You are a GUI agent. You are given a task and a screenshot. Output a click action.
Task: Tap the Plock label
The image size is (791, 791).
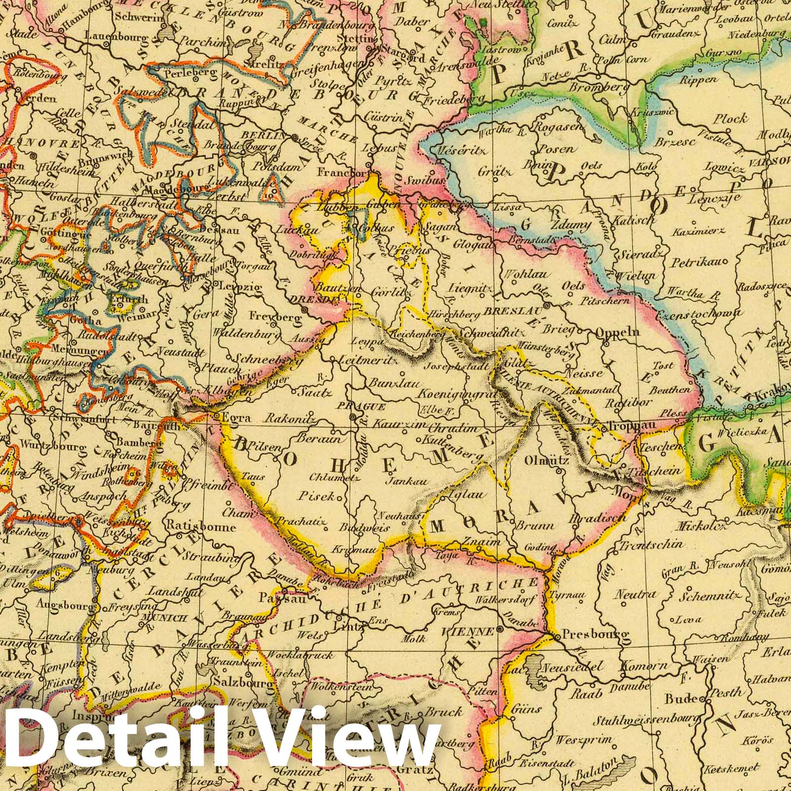730,119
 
